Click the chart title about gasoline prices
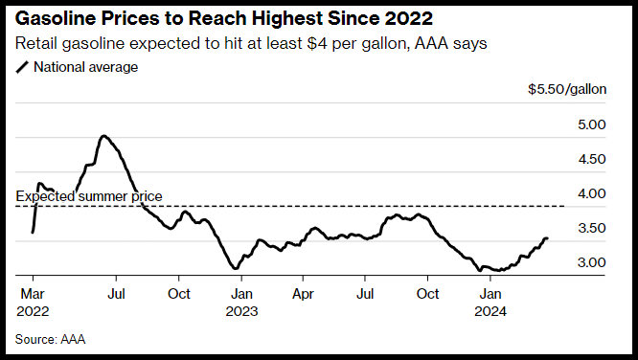pos(224,19)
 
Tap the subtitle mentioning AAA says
pos(251,43)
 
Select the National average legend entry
pos(77,67)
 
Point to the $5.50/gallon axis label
pos(567,89)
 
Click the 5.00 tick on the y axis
pos(592,124)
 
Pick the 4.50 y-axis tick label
pos(592,159)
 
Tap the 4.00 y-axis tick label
pos(592,193)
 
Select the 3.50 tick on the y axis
pos(592,228)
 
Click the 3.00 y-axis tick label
pos(592,262)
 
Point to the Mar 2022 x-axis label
pos(33,303)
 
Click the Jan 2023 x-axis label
pos(241,303)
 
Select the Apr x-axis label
pos(303,294)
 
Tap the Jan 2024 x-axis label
pos(490,303)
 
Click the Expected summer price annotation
pos(89,196)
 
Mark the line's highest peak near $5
pos(103,136)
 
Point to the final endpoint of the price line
pos(547,238)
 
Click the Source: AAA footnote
pos(50,339)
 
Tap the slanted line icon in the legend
pos(22,68)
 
